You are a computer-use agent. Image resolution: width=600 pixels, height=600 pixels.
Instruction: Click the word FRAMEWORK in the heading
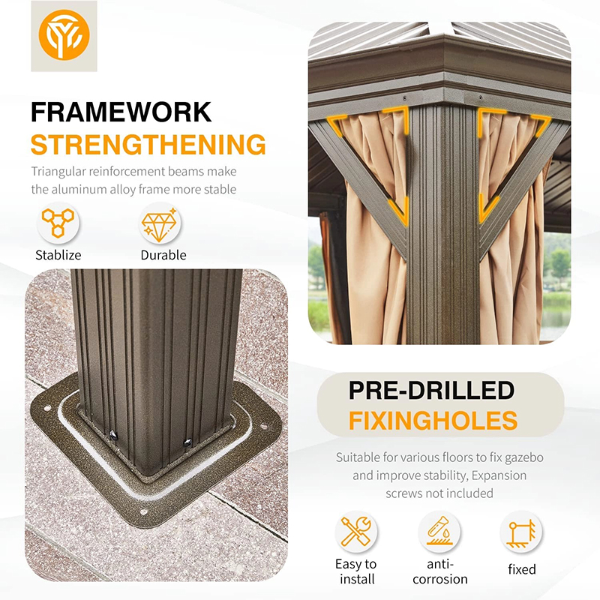[121, 112]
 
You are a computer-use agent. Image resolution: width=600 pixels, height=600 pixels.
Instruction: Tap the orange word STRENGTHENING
[148, 145]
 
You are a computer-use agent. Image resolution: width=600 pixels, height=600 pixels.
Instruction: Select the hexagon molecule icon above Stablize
[58, 223]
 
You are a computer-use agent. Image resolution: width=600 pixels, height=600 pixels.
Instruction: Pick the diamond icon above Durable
[162, 223]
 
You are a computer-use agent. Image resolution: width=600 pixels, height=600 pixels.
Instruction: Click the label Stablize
[58, 255]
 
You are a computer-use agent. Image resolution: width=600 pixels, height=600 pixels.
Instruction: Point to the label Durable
[163, 255]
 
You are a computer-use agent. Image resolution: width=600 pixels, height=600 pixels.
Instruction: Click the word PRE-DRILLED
[431, 391]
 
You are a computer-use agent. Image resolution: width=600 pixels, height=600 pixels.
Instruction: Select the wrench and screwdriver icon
[356, 532]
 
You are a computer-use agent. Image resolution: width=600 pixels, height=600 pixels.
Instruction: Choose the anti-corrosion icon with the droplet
[439, 532]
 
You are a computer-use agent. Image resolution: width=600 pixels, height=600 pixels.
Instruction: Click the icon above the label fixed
[521, 532]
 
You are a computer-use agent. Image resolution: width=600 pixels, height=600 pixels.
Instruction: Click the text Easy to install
[356, 571]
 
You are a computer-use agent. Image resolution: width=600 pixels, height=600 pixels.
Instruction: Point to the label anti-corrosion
[439, 571]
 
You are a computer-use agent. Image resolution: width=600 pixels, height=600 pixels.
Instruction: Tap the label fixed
[521, 569]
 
